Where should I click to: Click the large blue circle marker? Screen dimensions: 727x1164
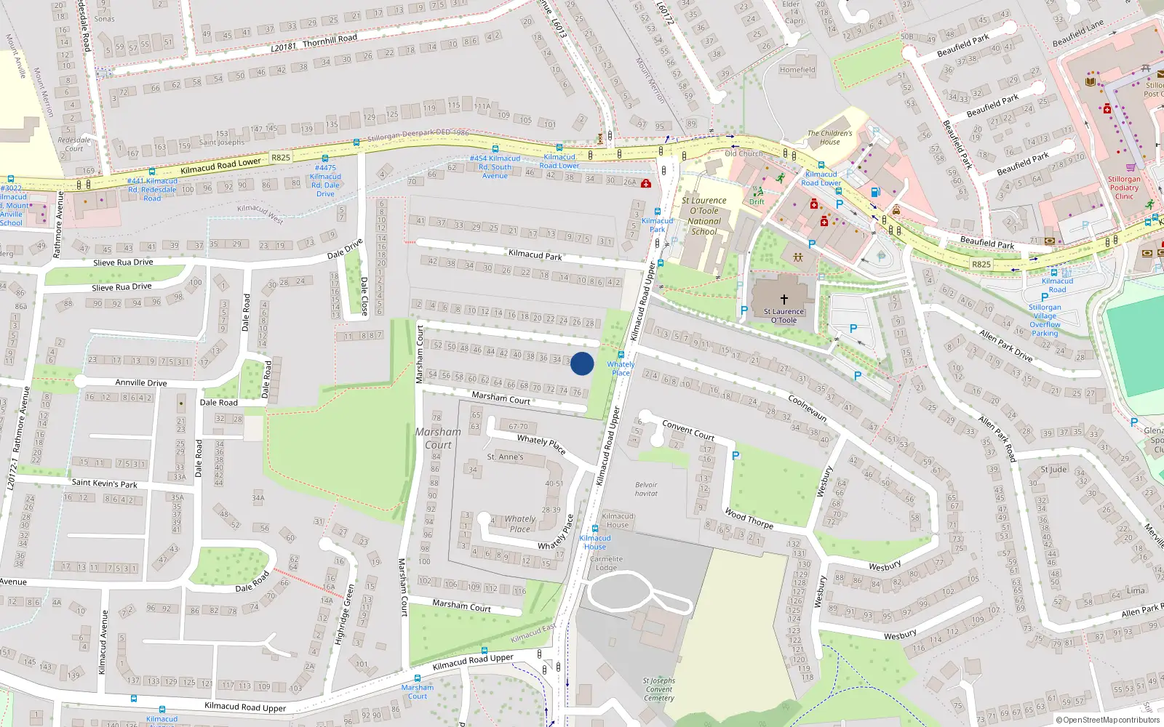point(582,363)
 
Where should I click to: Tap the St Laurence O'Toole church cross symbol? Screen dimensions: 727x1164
point(784,299)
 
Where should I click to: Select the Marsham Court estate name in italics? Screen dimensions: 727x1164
point(438,438)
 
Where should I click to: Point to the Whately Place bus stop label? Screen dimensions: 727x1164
point(621,369)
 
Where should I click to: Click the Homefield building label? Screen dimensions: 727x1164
point(797,70)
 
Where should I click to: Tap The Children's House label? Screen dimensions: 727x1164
point(829,137)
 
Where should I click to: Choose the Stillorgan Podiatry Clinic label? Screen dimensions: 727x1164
point(1124,188)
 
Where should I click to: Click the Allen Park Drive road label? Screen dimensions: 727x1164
point(1006,345)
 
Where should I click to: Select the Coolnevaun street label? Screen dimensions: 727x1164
point(808,408)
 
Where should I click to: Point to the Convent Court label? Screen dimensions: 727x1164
point(688,430)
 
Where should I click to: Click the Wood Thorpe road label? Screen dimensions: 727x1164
point(749,518)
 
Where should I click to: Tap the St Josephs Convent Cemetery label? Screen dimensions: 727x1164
point(659,689)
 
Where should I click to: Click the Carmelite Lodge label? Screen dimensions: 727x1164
point(606,563)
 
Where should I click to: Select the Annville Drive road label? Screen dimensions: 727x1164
point(141,382)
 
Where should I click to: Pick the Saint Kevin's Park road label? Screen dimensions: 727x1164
point(104,483)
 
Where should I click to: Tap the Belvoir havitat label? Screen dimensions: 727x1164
point(646,489)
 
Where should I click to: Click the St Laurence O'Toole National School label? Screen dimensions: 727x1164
point(703,216)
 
